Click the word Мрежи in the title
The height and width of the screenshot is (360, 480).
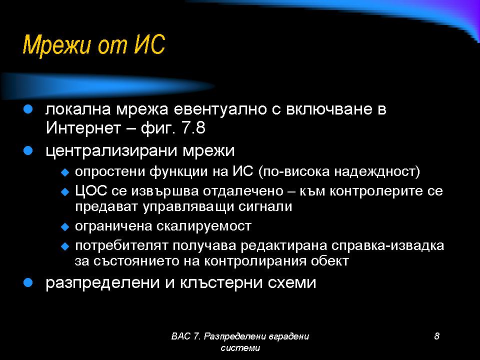57,45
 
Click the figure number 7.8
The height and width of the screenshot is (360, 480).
193,127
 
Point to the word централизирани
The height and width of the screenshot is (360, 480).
111,151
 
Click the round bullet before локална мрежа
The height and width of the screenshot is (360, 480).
28,109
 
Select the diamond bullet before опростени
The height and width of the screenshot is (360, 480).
65,172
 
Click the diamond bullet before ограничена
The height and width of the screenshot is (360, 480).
65,227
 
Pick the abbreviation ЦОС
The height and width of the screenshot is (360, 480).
91,190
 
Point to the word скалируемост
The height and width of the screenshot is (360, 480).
204,226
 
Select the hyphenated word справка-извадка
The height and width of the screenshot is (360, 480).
387,245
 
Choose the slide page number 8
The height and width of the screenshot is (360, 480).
437,336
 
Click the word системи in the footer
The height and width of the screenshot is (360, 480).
240,348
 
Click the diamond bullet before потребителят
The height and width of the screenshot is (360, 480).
65,246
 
